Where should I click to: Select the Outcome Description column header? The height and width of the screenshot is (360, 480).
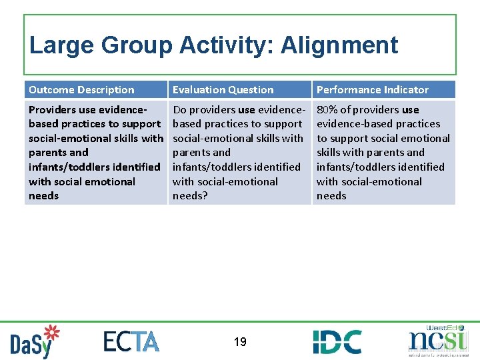coord(81,90)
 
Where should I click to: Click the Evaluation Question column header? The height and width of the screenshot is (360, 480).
coord(223,90)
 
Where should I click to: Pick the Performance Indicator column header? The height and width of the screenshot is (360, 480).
coord(372,90)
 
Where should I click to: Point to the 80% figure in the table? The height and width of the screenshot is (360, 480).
coord(327,110)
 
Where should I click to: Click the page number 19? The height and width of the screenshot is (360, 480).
coord(240,342)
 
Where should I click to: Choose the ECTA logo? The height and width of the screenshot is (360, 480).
coord(131,341)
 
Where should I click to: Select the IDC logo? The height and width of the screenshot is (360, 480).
coord(337,341)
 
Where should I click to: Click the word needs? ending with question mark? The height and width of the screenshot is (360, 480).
coord(190,196)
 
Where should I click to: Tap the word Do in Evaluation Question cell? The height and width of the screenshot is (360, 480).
coord(179,110)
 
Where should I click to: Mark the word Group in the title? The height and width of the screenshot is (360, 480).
coord(137,45)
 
